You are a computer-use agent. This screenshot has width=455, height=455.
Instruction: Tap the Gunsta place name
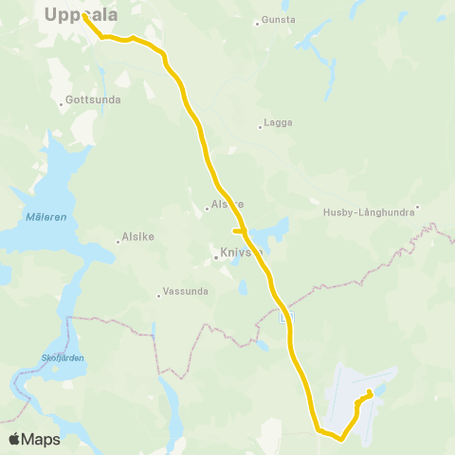(279, 20)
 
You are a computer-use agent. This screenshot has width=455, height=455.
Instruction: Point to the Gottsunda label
(86, 103)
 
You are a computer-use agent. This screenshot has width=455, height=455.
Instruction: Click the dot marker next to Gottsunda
(62, 104)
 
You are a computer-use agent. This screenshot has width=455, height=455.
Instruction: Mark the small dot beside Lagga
(261, 124)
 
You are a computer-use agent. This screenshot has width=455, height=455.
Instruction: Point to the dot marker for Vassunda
(158, 296)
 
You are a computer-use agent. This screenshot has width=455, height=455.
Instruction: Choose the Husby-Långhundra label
(368, 212)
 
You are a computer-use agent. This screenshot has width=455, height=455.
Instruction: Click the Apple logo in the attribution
(15, 439)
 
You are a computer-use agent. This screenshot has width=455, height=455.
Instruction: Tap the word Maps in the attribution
(42, 439)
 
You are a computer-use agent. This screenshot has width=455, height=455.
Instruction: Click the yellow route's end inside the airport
(369, 392)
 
